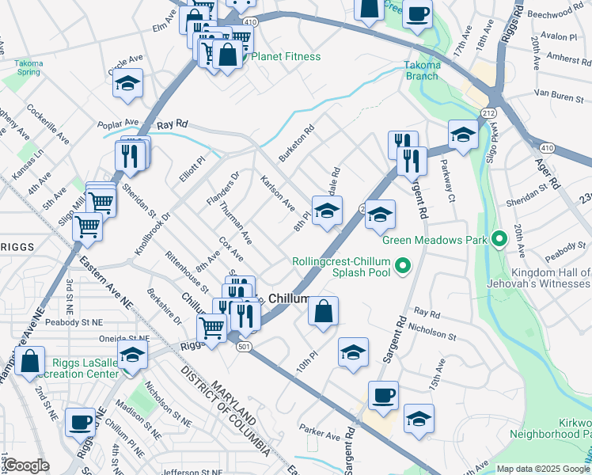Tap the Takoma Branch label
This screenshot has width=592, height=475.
421,70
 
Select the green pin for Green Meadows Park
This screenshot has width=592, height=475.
499,238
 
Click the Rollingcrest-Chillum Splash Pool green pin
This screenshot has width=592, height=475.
403,265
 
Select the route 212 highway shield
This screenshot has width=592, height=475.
488,115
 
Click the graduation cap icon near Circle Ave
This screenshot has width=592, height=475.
127,83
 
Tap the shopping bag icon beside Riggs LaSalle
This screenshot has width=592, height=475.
29,361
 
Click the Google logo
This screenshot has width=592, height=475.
26,465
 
